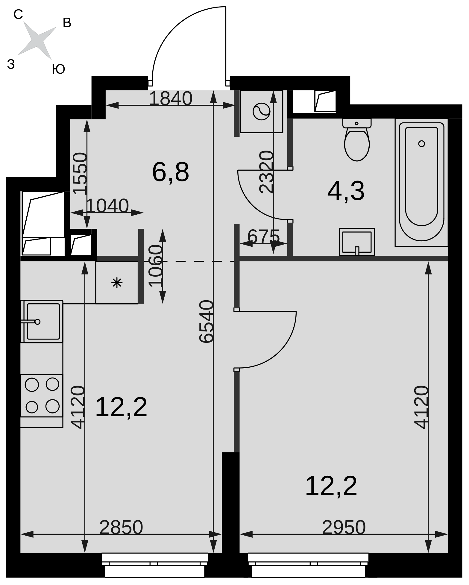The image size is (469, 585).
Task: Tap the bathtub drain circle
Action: click(421, 144)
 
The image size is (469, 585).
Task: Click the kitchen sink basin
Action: click(43, 321)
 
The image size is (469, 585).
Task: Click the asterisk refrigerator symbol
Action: click(117, 283)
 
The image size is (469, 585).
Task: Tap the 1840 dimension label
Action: click(170, 98)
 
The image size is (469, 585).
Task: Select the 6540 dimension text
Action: click(207, 322)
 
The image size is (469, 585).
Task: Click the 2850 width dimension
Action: click(121, 528)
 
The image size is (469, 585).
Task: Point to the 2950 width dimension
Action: click(344, 528)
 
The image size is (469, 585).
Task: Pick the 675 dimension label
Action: click(263, 237)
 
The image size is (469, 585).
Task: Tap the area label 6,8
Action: click(171, 172)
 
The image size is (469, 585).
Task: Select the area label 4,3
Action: click(346, 191)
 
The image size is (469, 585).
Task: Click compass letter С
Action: click(18, 14)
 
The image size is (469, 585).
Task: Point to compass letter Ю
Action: click(58, 69)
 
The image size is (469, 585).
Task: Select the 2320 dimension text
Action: click(266, 172)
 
